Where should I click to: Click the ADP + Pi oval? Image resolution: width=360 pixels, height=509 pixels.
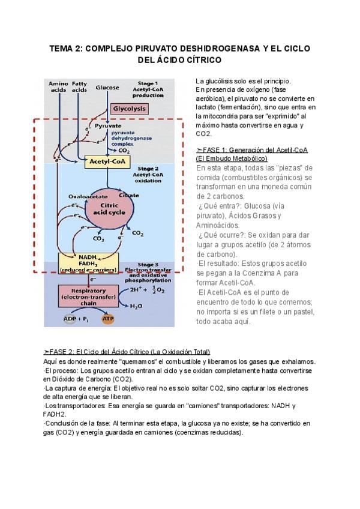pos(76,319)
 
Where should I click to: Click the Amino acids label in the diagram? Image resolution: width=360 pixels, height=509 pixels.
pos(58,86)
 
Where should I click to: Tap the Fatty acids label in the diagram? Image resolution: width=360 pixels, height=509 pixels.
pos(79,86)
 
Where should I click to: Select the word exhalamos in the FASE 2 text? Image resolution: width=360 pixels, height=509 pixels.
pos(296,361)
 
